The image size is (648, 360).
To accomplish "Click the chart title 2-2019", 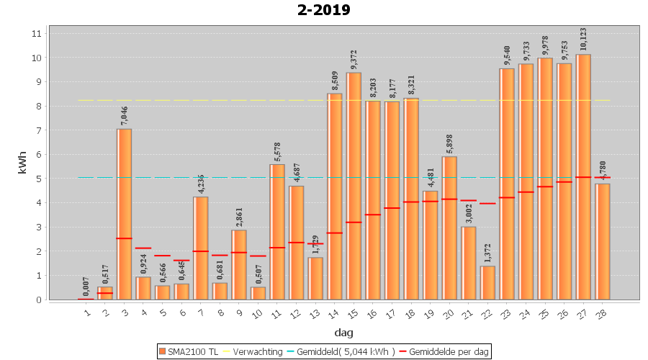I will coord(323,10).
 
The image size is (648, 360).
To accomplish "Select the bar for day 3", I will coord(125,216).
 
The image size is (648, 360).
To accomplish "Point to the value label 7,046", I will coord(125,115).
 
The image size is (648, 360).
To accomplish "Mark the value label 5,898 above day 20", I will coord(450,143).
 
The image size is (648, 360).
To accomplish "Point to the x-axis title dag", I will coord(343,333).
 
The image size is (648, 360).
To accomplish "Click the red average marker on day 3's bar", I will coord(125,238).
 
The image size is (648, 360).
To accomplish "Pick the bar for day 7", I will coord(201,248).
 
